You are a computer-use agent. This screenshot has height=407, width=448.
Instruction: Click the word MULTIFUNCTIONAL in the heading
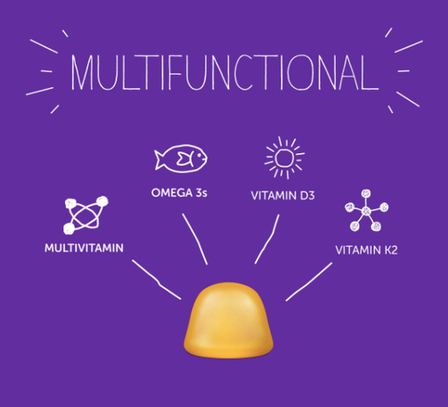point(224,72)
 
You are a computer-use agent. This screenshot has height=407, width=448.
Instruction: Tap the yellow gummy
point(228,321)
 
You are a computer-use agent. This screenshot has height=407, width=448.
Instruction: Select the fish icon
point(181,159)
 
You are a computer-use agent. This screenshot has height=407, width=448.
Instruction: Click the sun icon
point(284,158)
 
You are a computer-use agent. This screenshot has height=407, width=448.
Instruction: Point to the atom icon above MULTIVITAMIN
point(86,215)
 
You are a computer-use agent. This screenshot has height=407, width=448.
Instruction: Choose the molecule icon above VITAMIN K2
point(366,210)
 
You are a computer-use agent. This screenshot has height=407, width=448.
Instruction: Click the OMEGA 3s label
point(179,193)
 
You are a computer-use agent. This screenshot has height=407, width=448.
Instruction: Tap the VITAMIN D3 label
point(282,196)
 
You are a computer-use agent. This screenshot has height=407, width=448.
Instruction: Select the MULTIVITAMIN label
point(84,248)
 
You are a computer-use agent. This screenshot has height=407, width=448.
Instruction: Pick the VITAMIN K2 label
point(366,250)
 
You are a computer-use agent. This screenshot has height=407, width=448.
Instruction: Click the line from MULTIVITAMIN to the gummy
point(158,281)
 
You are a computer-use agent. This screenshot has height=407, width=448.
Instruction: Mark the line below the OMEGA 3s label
point(195,239)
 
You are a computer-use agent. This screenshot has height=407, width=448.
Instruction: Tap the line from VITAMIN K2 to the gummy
point(309,282)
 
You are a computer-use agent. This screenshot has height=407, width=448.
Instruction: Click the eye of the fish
point(199,154)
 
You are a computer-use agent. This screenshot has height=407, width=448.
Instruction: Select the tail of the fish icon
point(160,159)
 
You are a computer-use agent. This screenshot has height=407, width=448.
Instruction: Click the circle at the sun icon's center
point(284,158)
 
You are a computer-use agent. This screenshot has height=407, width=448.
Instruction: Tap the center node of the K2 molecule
point(366,211)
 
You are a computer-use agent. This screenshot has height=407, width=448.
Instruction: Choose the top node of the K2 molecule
point(366,193)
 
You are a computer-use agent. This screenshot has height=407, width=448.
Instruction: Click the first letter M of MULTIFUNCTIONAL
point(83,73)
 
